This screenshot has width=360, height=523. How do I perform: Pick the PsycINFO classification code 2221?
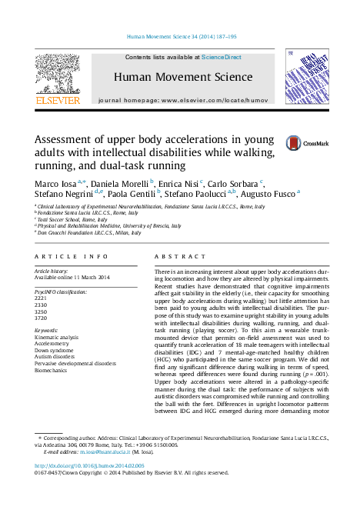tap(42, 298)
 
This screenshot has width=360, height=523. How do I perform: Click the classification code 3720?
tap(42, 317)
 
